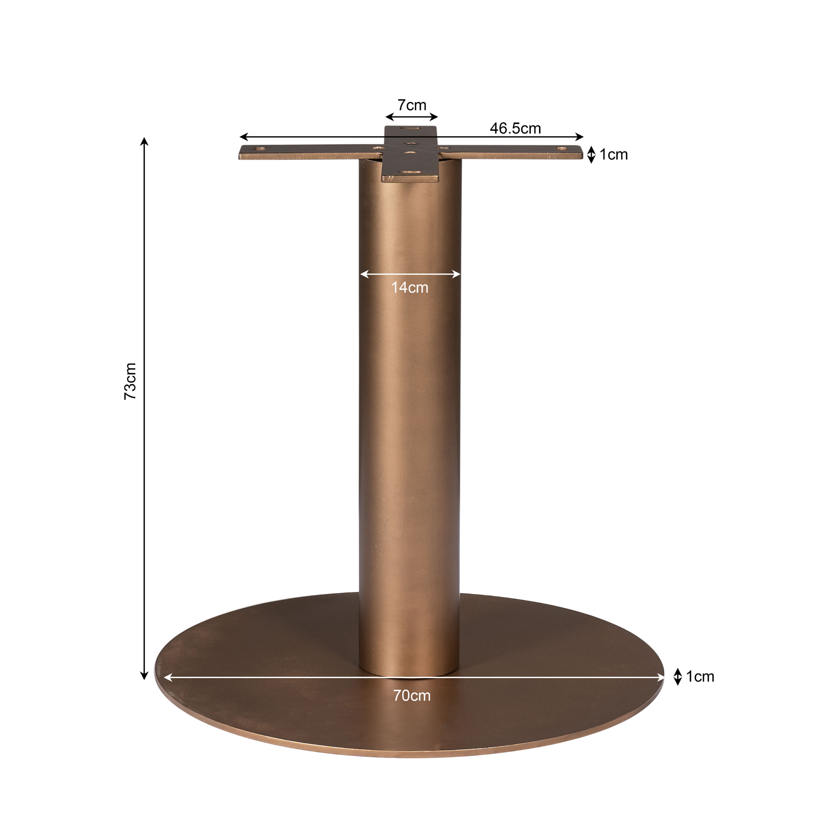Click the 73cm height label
point(130,381)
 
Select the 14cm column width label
point(409,288)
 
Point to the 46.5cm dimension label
point(515,128)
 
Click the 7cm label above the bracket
point(412,105)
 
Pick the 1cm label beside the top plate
point(613,155)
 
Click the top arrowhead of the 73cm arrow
point(144,141)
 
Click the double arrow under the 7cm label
point(411,117)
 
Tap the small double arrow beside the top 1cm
point(591,155)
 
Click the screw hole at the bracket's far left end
point(260,149)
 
